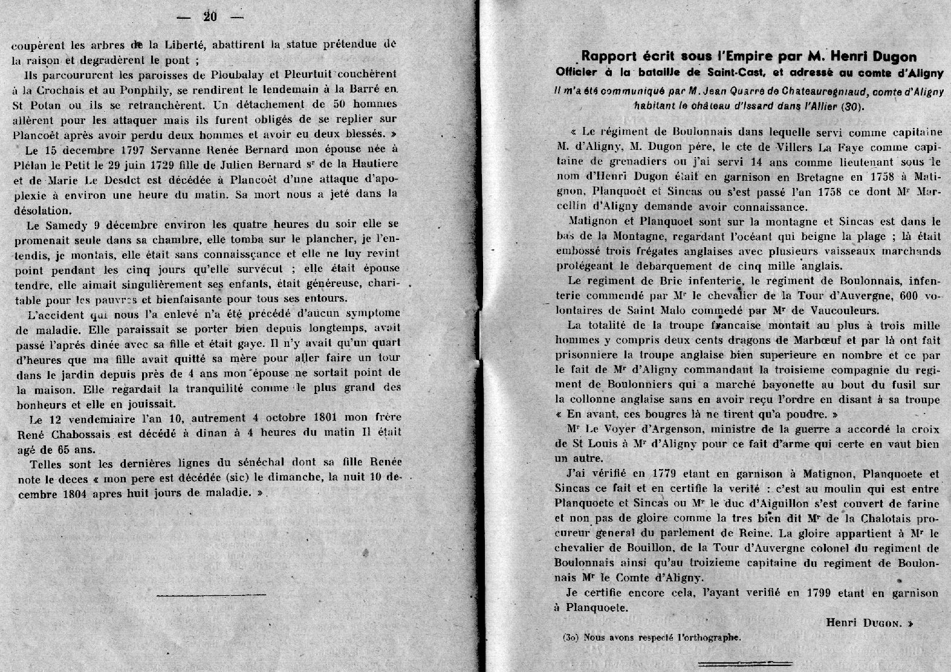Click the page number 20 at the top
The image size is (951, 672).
click(210, 17)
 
